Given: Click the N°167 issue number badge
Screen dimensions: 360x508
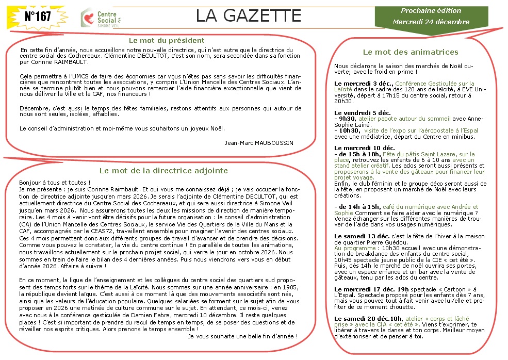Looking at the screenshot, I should tap(38, 17).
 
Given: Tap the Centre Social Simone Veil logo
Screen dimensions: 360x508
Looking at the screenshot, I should tap(104, 18).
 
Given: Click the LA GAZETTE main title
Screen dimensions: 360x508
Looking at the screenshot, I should tap(248, 17).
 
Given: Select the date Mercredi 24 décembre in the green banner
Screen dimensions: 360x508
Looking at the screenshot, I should tap(431, 22).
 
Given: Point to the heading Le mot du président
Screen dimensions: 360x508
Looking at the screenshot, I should tap(166, 40).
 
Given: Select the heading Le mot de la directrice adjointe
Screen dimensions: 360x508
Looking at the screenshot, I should tap(163, 171).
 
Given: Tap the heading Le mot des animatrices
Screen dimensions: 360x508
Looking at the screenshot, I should tap(410, 52).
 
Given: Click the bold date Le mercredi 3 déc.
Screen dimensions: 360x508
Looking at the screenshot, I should tap(364, 83).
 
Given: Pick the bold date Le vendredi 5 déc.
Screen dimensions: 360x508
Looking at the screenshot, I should tap(361, 112).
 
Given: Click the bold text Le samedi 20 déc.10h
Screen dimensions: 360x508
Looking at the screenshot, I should tap(368, 319).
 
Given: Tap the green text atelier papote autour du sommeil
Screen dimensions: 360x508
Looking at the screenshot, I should tap(392, 119).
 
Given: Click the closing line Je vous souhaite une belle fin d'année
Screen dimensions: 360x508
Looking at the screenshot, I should tap(243, 336).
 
